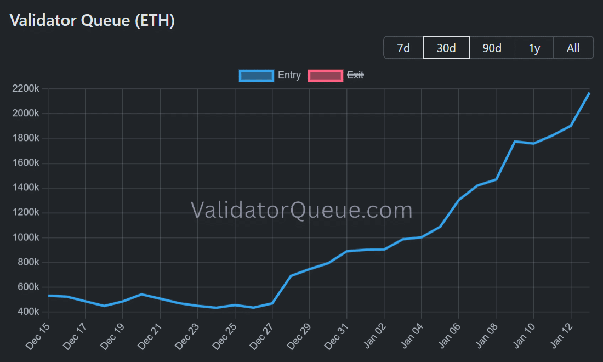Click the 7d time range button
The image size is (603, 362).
[x=403, y=48]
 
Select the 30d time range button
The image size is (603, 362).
[x=446, y=48]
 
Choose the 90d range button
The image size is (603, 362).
[x=492, y=48]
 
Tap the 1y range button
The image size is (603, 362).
[x=534, y=48]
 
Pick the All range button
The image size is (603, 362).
[x=573, y=48]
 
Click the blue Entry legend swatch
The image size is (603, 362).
[x=256, y=76]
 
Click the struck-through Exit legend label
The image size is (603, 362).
[x=355, y=76]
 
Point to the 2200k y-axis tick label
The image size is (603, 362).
[x=25, y=89]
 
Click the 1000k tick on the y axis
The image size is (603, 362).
[x=25, y=237]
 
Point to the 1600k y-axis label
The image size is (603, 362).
[x=25, y=163]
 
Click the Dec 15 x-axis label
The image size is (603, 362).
[x=39, y=336]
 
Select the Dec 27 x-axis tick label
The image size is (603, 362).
[x=263, y=336]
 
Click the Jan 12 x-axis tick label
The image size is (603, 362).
[x=561, y=336]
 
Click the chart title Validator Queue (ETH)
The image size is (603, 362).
[x=93, y=21]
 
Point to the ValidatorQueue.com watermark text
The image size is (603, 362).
[x=301, y=210]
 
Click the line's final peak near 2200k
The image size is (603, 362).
[x=589, y=93]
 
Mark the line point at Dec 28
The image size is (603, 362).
[x=291, y=276]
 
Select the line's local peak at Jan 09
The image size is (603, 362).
[x=515, y=142]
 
